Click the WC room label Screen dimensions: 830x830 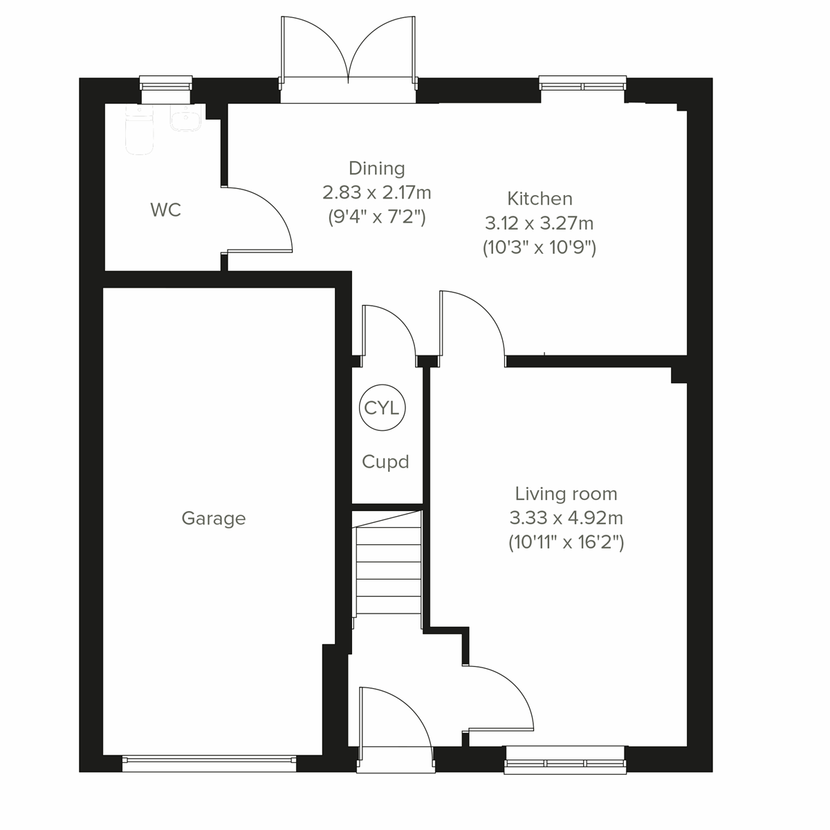[x=165, y=210]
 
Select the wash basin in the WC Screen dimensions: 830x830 [x=185, y=120]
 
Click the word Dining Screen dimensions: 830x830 [x=376, y=168]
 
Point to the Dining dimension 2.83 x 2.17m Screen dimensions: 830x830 [x=376, y=192]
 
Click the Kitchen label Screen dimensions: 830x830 [x=539, y=199]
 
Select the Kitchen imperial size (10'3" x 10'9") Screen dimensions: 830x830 [x=539, y=248]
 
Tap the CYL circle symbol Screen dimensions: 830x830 [x=381, y=409]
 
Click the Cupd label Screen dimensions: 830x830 [x=385, y=462]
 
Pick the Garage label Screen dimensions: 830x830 [x=213, y=519]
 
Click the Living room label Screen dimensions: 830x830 [x=566, y=494]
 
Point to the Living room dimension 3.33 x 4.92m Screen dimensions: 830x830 [x=566, y=518]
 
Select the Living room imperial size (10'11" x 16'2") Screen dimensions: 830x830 [x=566, y=542]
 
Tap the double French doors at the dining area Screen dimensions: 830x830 [x=349, y=62]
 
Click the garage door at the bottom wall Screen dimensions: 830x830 [x=209, y=763]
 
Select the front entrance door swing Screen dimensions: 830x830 [x=394, y=719]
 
